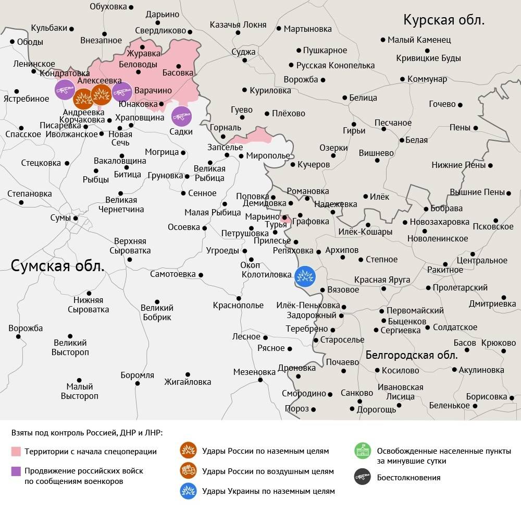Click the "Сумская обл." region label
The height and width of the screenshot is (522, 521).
58,265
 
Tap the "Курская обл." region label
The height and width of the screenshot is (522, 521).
444,20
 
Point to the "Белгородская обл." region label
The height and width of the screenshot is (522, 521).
412,356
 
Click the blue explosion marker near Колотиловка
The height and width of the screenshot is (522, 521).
304,277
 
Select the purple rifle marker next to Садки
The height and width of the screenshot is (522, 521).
181,116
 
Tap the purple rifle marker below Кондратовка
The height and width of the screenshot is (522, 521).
65,90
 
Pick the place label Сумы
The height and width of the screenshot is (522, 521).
60,217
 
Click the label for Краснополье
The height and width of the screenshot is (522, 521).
238,306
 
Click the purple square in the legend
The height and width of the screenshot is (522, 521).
16,471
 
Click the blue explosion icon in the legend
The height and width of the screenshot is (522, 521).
188,491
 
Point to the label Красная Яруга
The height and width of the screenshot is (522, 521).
382,280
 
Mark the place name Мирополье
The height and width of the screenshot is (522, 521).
268,156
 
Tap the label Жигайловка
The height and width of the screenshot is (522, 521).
188,382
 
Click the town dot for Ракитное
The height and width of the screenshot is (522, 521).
445,264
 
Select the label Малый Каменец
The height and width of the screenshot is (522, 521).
420,40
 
